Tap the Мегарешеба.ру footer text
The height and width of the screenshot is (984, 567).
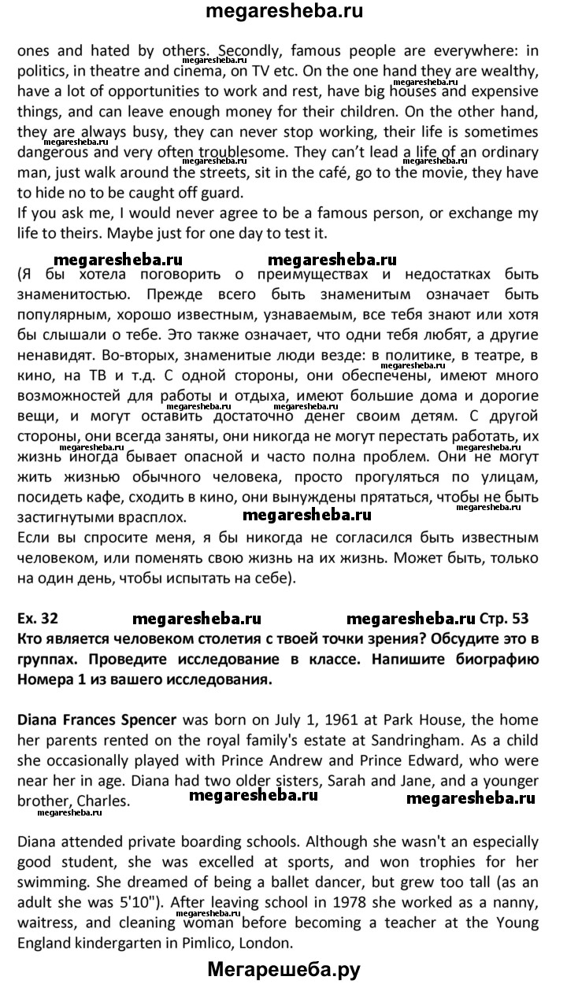click(x=283, y=969)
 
